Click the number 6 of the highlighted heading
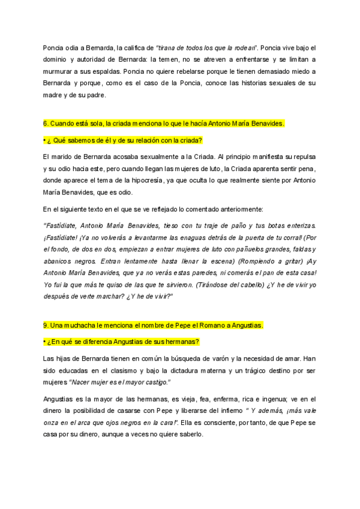(45, 124)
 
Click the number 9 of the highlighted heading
(45, 325)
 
